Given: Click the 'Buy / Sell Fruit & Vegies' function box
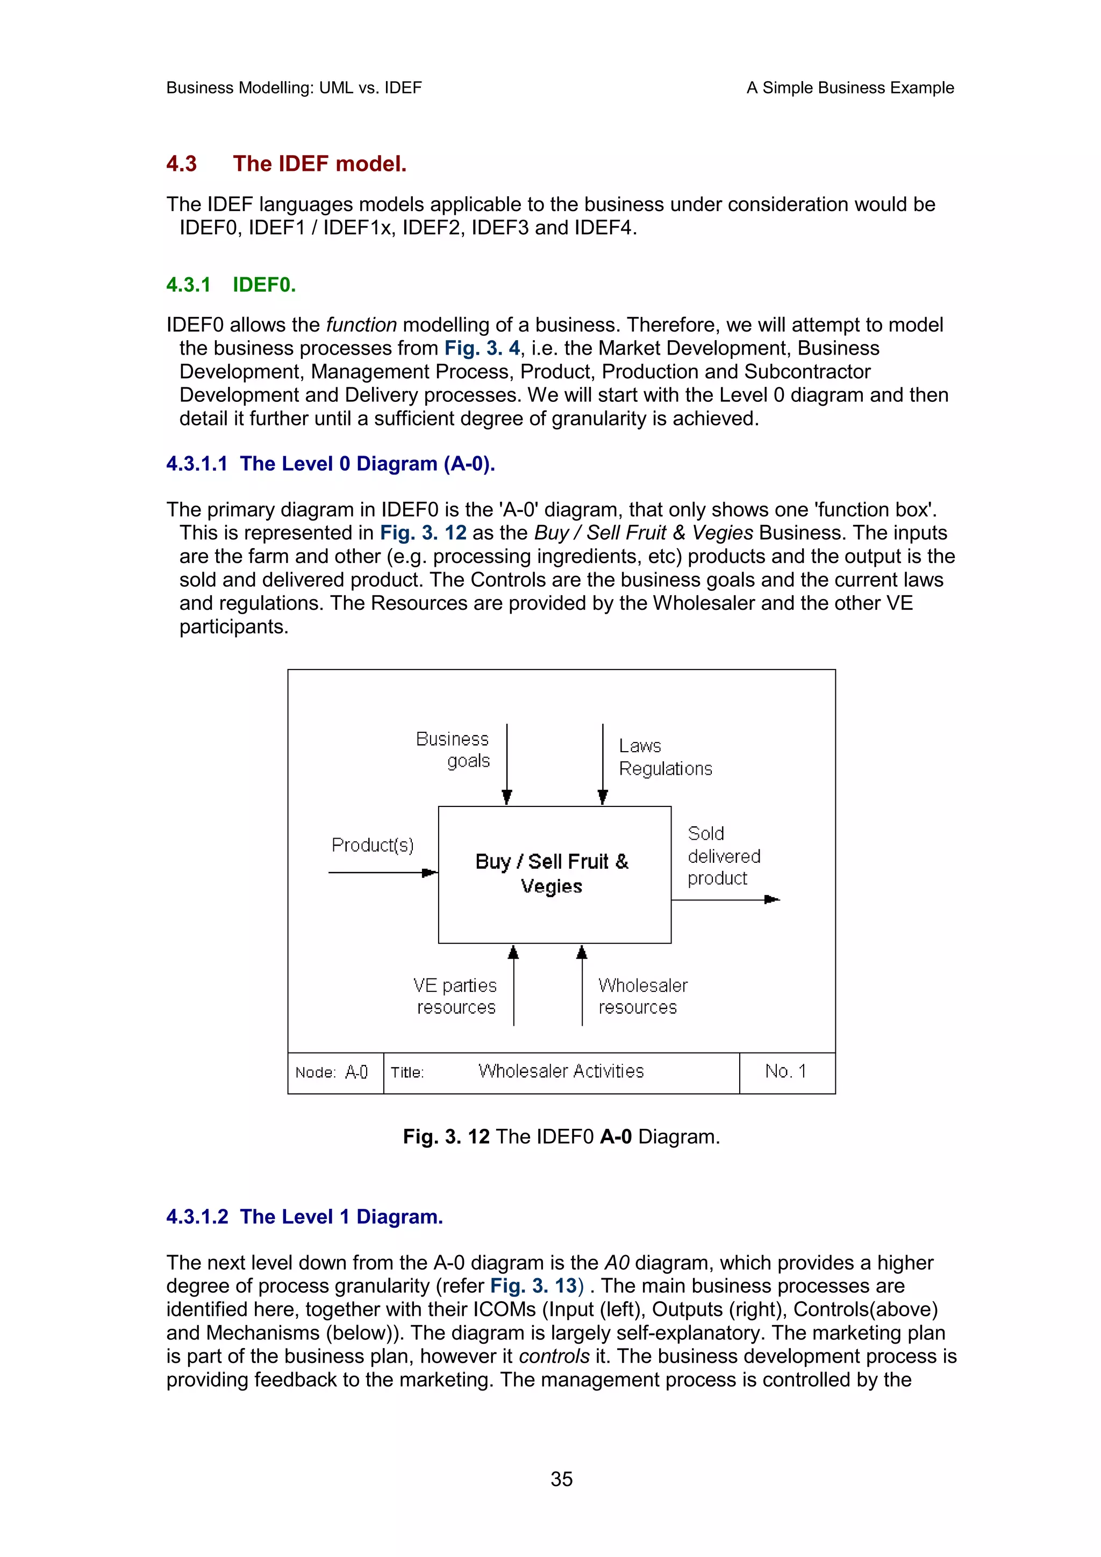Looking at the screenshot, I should click(x=554, y=874).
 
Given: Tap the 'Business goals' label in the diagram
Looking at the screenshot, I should click(x=453, y=749).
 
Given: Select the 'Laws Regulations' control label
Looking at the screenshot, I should click(x=665, y=758).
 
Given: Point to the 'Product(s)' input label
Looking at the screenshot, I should click(x=373, y=845).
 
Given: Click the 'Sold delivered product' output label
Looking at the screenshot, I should click(x=723, y=856).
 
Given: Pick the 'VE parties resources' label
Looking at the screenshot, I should click(x=455, y=996).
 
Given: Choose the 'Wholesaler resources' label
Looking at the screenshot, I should click(x=642, y=996).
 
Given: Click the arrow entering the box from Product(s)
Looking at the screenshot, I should click(x=383, y=872).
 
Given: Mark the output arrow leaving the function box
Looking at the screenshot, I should click(x=725, y=900).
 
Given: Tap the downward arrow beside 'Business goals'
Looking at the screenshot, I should click(x=507, y=763).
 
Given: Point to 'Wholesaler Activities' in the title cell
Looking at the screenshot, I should click(x=560, y=1071).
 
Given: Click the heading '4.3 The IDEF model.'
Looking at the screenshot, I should click(x=287, y=163).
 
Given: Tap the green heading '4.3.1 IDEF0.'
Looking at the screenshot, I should click(x=231, y=284).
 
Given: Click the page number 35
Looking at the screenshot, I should click(x=561, y=1479).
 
